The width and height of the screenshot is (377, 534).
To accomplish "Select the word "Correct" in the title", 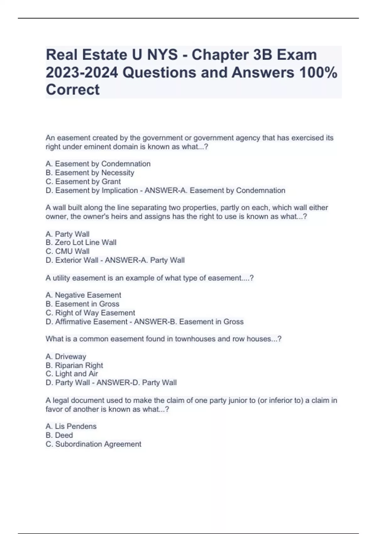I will pos(73,90).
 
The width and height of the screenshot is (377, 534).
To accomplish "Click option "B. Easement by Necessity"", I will pos(90,173).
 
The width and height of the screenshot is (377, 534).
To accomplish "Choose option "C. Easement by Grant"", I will pos(83,182).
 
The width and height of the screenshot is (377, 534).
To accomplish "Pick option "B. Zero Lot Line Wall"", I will pos(81,242).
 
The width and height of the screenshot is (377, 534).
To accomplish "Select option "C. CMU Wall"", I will pos(68,251).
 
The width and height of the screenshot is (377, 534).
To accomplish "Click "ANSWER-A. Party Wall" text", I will pos(145,260).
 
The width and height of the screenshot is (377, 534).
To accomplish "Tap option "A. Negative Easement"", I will pos(83,295).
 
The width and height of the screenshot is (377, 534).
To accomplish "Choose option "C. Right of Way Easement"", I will pos(90,313).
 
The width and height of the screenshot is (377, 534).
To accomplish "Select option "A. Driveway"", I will pos(66,357).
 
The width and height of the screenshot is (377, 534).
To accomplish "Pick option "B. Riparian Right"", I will pos(74,365).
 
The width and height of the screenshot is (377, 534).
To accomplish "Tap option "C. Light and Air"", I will pos(72,374).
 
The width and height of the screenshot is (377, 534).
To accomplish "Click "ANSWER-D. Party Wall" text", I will pos(137,383).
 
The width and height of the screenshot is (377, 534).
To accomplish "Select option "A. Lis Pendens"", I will pos(71,426).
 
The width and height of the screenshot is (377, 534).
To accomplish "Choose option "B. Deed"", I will pos(59,435).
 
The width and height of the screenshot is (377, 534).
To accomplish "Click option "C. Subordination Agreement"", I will pos(93,444).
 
